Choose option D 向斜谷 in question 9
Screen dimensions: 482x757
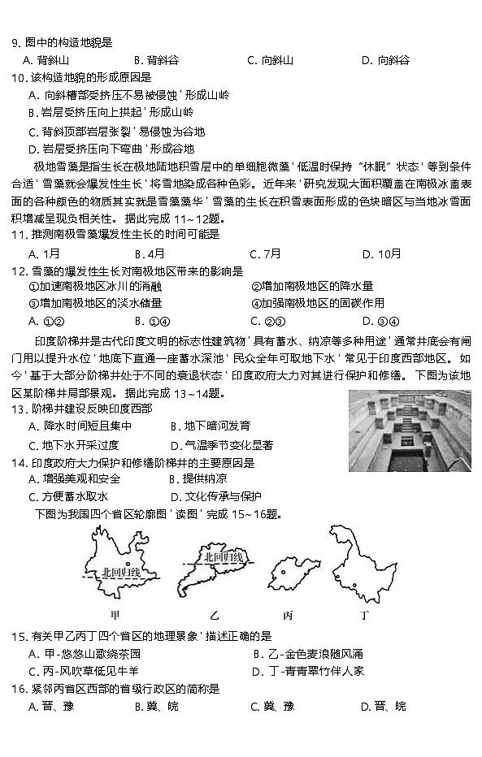coord(385,60)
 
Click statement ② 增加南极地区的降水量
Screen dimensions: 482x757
coord(312,286)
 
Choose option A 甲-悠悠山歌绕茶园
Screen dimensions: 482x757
coord(85,653)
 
